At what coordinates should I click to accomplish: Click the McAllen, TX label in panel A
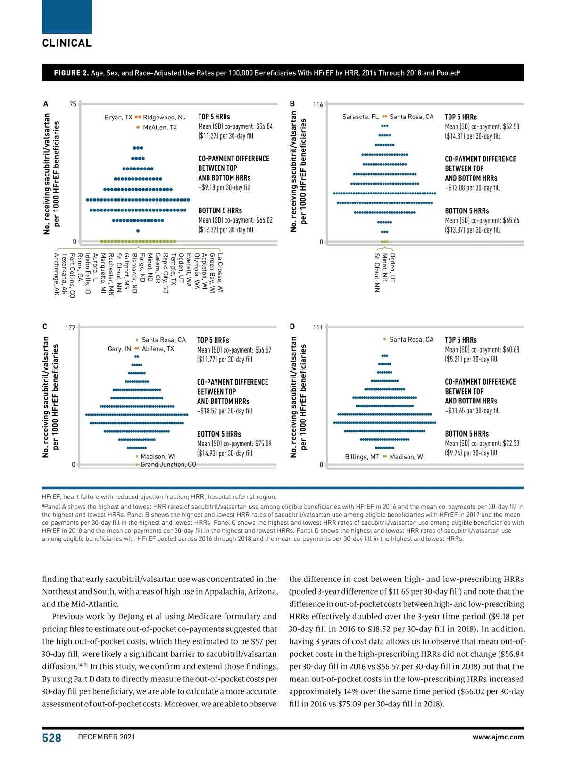pyautogui.click(x=159, y=127)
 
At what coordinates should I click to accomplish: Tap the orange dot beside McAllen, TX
pyautogui.click(x=138, y=127)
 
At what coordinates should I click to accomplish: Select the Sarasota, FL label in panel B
pyautogui.click(x=360, y=117)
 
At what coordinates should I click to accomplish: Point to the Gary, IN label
pyautogui.click(x=119, y=349)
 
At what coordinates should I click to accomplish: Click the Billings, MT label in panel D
pyautogui.click(x=362, y=457)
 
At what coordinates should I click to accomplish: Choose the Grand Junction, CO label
pyautogui.click(x=168, y=464)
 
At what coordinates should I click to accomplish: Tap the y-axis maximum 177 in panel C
pyautogui.click(x=70, y=328)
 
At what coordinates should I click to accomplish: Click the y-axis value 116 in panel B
pyautogui.click(x=318, y=104)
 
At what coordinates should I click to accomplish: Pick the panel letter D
pyautogui.click(x=292, y=327)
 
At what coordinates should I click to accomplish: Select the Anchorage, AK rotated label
pyautogui.click(x=57, y=274)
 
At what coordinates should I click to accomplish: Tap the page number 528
pyautogui.click(x=51, y=738)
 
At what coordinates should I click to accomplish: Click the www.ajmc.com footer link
pyautogui.click(x=498, y=737)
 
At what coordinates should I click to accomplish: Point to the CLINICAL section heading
pyautogui.click(x=67, y=43)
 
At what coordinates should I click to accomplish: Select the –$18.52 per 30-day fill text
pyautogui.click(x=225, y=411)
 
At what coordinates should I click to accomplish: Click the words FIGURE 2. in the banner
pyautogui.click(x=71, y=73)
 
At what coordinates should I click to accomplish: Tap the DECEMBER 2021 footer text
pyautogui.click(x=106, y=737)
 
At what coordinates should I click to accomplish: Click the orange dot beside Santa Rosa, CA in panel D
pyautogui.click(x=385, y=339)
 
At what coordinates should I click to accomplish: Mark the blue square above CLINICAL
pyautogui.click(x=67, y=17)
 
